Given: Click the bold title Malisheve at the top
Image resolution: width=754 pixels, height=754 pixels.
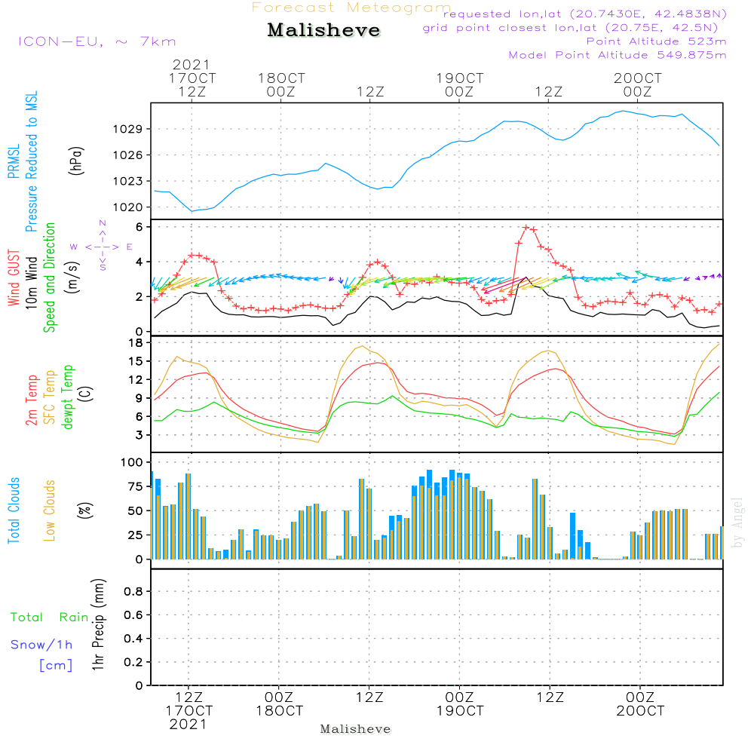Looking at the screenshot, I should [x=324, y=31].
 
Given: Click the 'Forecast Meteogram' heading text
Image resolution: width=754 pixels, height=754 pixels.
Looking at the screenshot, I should [x=351, y=8].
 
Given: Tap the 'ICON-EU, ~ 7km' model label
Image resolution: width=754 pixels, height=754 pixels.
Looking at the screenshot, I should [x=97, y=41].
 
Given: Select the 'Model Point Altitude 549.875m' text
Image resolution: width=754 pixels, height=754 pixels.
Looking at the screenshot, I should [x=618, y=55].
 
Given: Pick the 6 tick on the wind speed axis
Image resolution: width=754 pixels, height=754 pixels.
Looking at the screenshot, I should [x=139, y=227].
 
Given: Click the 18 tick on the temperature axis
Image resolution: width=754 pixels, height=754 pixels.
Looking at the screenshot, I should [x=136, y=343].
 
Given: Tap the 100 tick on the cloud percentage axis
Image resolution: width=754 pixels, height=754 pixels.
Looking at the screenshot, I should [x=132, y=461].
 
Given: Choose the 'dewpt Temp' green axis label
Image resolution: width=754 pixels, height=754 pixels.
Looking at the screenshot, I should [x=69, y=397].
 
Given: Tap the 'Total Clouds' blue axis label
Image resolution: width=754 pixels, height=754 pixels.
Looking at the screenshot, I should [x=14, y=510].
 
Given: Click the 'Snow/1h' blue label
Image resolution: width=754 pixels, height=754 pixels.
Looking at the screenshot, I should [x=42, y=645].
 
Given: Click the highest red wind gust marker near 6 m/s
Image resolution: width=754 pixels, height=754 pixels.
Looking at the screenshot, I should [x=526, y=227].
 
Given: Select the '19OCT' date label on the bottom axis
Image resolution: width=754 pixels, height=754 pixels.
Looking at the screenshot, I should [x=459, y=711].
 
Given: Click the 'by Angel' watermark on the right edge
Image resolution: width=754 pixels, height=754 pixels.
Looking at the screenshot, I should [x=737, y=532].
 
